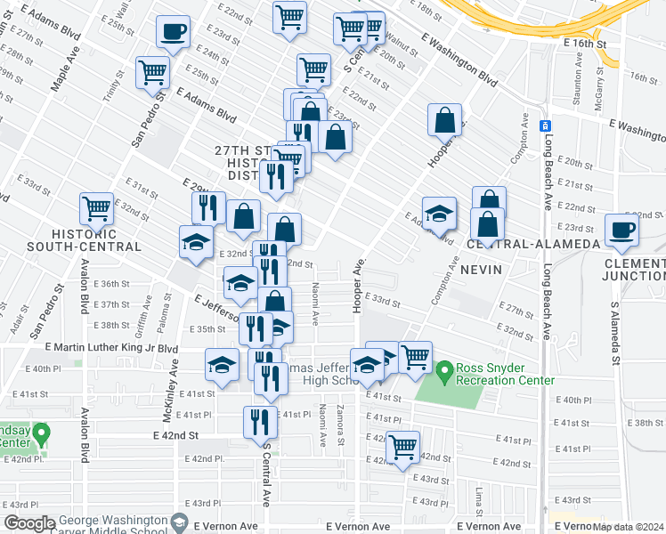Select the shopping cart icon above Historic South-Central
[96, 209]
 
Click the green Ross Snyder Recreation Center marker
[444, 368]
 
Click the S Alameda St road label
[614, 334]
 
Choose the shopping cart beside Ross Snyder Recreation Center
[415, 357]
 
